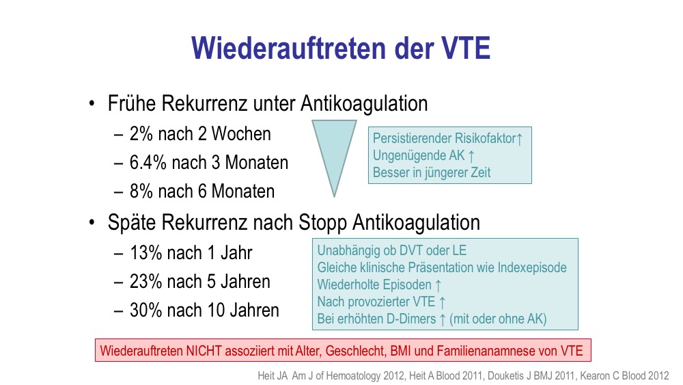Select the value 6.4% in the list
pos(148,163)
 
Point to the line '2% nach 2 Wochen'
pos(200,134)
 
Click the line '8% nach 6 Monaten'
pos(202,191)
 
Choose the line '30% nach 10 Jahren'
pos(204,310)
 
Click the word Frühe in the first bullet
pos(132,104)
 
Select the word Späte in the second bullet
pos(132,223)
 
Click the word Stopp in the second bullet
pos(322,223)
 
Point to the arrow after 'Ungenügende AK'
pos(471,156)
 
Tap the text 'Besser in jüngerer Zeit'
pos(432,172)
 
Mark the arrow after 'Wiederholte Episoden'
pos(438,285)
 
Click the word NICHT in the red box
pos(204,351)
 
